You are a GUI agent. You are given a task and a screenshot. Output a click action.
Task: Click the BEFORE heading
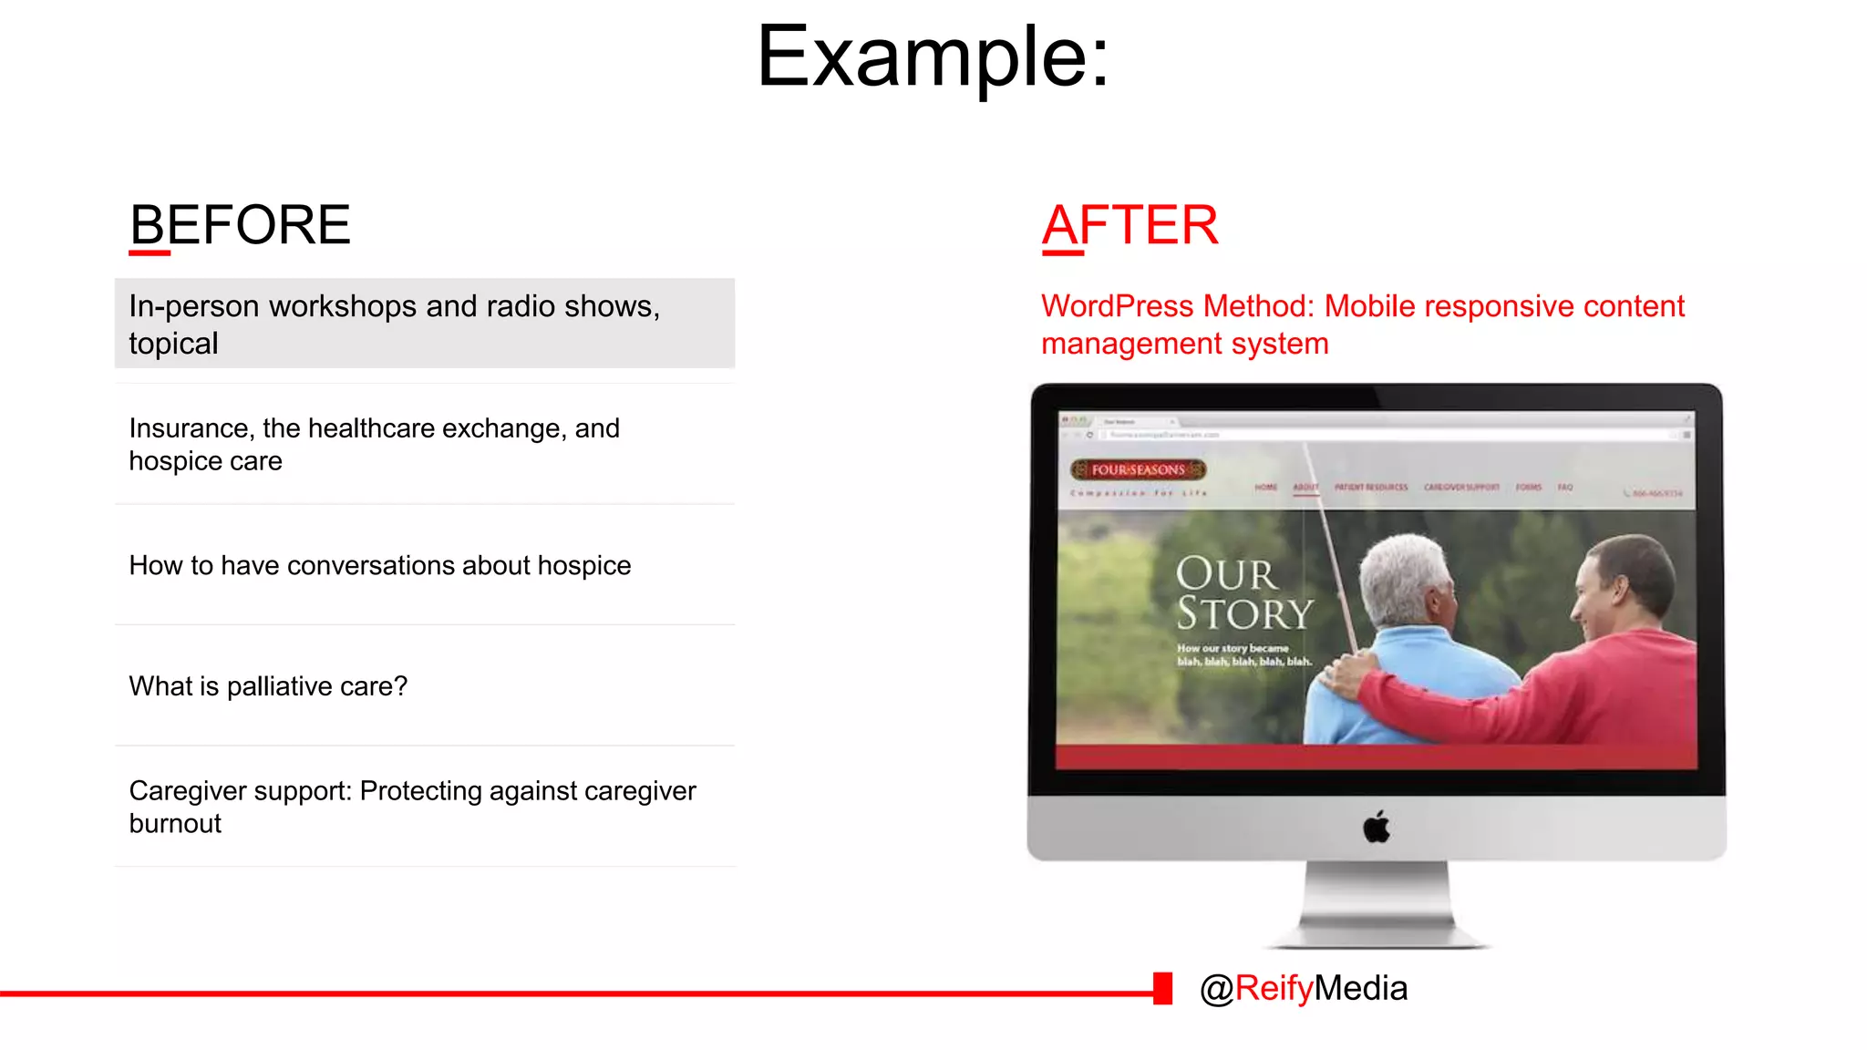[240, 225]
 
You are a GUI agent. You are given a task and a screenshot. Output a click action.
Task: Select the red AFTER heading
[1129, 225]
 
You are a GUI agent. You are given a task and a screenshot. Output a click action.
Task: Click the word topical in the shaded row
[173, 344]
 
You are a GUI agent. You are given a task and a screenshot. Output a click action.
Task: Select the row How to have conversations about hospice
[380, 565]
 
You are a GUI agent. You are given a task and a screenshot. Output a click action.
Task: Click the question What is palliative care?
[268, 686]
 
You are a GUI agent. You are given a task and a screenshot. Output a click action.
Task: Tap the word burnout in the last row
[175, 824]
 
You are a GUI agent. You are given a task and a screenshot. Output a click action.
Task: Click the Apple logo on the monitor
[1377, 828]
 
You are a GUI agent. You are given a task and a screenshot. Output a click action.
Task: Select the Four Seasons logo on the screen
[1138, 469]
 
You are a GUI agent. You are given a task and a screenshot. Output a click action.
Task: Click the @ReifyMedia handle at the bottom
[1304, 988]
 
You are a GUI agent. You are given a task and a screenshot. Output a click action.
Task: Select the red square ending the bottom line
[1162, 988]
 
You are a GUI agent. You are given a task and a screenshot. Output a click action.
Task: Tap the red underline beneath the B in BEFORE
[150, 252]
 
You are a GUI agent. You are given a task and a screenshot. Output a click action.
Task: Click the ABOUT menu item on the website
[1305, 488]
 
